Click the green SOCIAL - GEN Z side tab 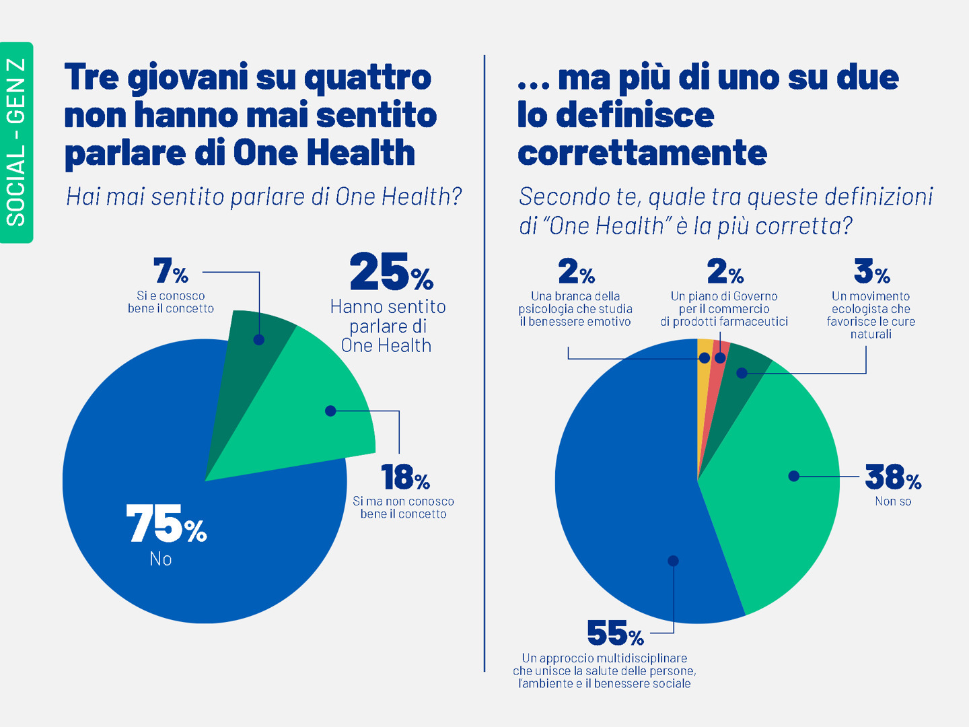16,142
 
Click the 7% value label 170,271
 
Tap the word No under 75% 161,559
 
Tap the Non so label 893,501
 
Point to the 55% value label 615,633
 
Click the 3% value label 871,271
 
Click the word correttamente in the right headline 642,153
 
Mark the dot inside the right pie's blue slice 673,561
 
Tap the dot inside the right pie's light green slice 794,476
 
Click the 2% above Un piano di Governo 725,271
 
